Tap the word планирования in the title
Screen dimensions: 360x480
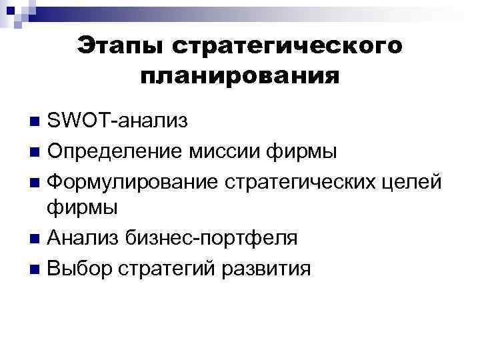pos(239,76)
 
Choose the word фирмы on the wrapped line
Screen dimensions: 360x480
pos(83,208)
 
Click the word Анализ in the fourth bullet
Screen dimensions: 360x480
pos(84,237)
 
